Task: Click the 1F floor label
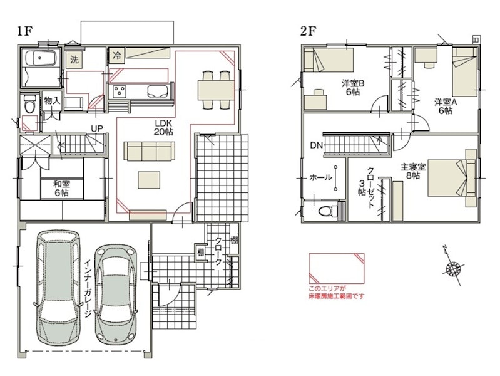25,31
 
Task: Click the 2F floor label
308,31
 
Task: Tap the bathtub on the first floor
42,58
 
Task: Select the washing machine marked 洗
74,60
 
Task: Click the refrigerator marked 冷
117,55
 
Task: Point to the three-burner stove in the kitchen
120,91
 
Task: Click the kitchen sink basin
158,91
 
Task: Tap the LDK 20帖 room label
163,127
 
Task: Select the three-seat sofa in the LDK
149,152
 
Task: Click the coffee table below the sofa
149,180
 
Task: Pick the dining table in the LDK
216,90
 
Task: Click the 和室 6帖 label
61,189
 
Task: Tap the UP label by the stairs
97,128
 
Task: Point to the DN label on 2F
316,145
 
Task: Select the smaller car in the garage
117,294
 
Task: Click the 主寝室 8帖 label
413,171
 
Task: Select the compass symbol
453,266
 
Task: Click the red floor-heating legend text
336,292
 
